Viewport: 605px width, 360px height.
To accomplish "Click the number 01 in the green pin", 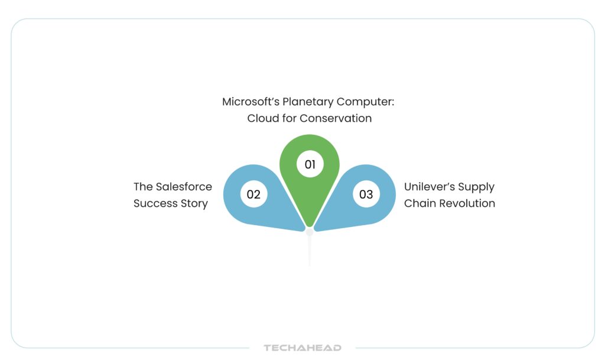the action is [x=310, y=164].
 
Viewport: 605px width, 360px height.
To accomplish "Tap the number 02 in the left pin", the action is [x=253, y=194].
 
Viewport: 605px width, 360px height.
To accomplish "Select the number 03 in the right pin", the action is [x=366, y=194].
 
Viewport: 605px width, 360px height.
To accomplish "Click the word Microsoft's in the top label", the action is [x=251, y=102].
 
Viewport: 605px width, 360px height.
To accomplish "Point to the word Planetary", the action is [x=308, y=102].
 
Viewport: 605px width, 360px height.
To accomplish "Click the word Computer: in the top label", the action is [x=365, y=102].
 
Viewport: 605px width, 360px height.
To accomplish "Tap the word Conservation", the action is [x=336, y=118].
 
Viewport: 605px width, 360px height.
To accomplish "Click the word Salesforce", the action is [x=184, y=187].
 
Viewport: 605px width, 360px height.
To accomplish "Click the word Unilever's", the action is [x=430, y=187].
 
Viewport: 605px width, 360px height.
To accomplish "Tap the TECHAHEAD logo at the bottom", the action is [x=302, y=348].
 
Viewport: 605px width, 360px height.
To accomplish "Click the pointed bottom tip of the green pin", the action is [x=310, y=227].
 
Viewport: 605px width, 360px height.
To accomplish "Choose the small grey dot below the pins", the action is [x=310, y=232].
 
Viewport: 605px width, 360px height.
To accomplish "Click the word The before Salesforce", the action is [x=143, y=187].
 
